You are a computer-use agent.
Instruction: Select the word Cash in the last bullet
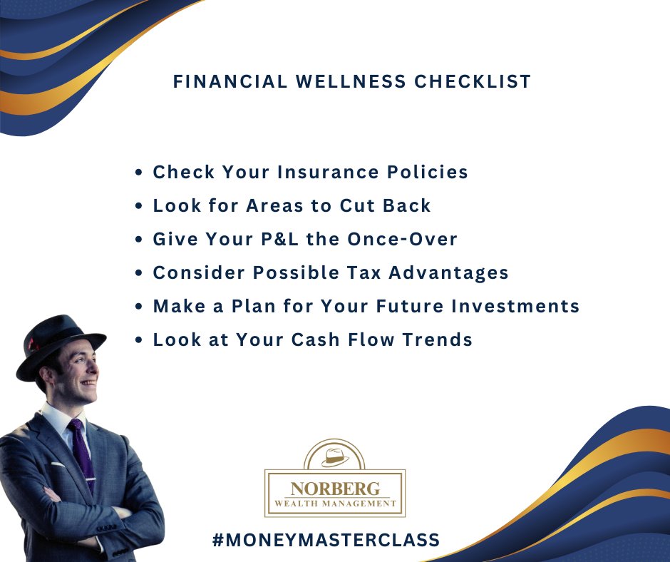(330, 339)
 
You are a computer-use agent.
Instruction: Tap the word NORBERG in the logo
(334, 489)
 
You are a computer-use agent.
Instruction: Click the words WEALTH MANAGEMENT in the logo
(335, 504)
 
